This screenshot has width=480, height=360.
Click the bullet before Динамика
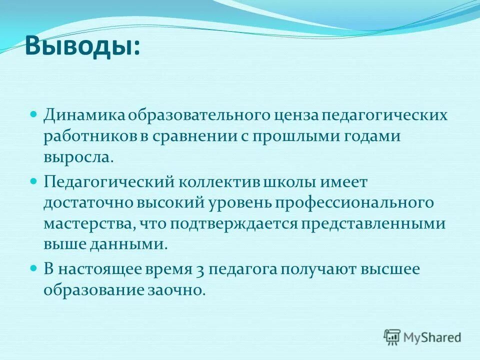(x=34, y=114)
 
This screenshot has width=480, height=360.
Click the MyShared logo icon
(x=392, y=336)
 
